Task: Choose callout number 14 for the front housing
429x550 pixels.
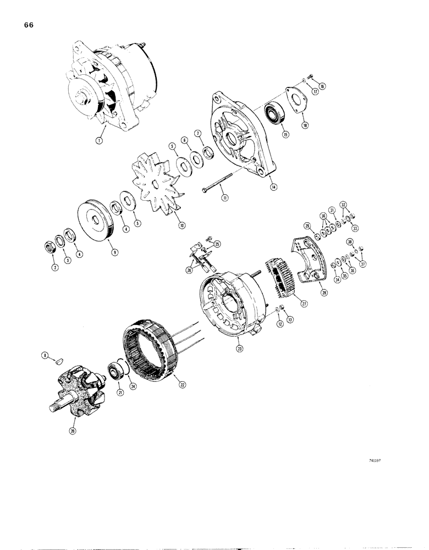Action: tap(273, 187)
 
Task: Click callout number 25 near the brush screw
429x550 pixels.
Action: tap(217, 244)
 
